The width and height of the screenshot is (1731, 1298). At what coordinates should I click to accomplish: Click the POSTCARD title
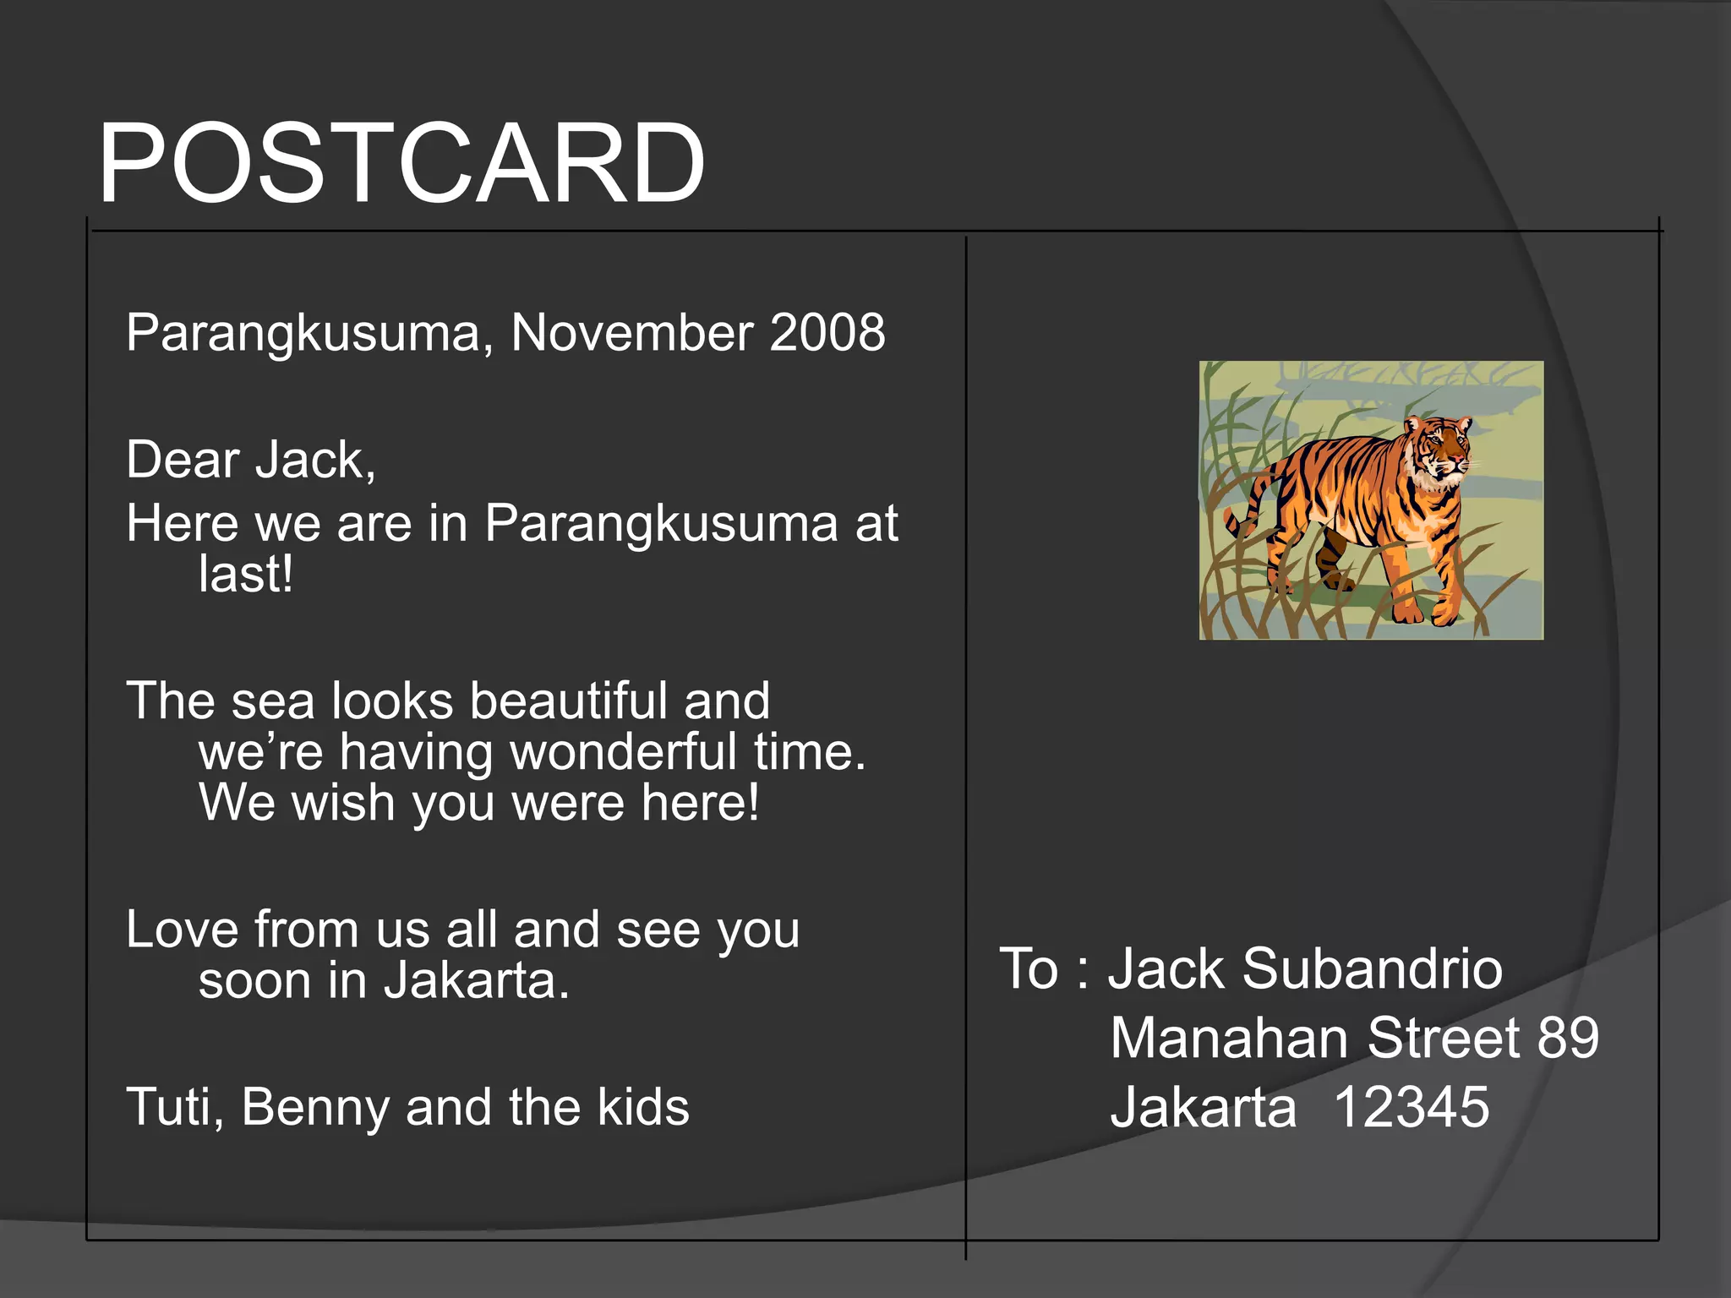pyautogui.click(x=401, y=163)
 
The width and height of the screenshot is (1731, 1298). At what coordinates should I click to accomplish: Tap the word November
pyautogui.click(x=631, y=332)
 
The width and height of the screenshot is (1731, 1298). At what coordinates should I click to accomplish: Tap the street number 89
pyautogui.click(x=1568, y=1038)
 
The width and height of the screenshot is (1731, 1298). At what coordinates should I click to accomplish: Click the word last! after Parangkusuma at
pyautogui.click(x=245, y=575)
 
